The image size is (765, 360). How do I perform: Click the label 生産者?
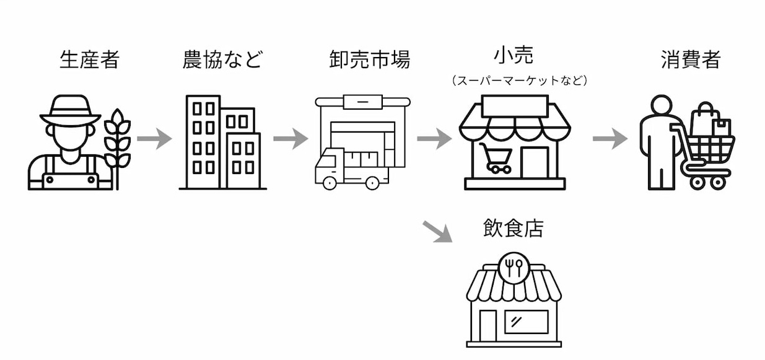[89, 60]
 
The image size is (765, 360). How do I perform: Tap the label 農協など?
[222, 60]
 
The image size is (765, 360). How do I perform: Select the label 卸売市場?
[369, 60]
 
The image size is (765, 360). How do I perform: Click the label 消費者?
[690, 60]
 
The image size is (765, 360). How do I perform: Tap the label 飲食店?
[514, 229]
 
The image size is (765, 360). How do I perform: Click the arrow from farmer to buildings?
[154, 138]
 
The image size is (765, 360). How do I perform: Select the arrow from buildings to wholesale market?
[290, 138]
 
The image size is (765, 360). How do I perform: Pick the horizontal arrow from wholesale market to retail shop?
[434, 138]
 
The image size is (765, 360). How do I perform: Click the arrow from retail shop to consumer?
[610, 138]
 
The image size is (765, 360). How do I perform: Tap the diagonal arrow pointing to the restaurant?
[437, 230]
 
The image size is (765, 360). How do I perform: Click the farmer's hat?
[70, 111]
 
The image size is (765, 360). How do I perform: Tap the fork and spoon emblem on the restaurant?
[514, 267]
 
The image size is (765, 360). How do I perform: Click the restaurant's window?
[526, 322]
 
